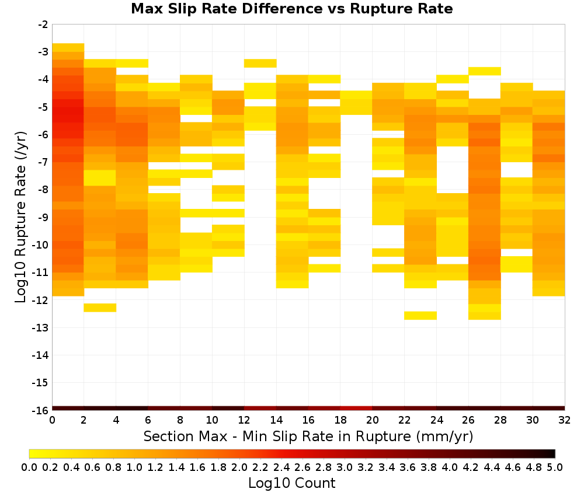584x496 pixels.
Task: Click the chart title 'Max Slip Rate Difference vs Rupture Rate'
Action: tap(291, 9)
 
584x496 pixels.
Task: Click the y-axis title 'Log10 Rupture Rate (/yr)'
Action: tap(21, 217)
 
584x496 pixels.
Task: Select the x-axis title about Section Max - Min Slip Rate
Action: tap(308, 436)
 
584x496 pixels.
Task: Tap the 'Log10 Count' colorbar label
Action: tap(291, 483)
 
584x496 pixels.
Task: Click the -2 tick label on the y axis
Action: tap(43, 25)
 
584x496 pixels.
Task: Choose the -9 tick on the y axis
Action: tap(43, 218)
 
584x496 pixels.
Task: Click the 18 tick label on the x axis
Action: tap(340, 421)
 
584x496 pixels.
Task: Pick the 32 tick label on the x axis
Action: tap(565, 421)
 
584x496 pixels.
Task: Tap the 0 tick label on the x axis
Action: tap(52, 421)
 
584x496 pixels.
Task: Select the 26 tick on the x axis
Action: tap(468, 421)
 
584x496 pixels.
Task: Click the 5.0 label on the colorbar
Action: tap(555, 467)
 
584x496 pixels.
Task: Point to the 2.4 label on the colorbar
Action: tap(281, 467)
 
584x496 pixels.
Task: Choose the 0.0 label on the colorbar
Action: tap(29, 467)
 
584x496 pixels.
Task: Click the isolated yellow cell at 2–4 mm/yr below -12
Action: tap(100, 308)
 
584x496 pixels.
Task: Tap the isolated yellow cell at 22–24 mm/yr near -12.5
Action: tap(420, 316)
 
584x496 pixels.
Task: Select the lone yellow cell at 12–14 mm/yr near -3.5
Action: tap(260, 63)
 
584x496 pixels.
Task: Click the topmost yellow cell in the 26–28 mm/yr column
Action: tap(485, 71)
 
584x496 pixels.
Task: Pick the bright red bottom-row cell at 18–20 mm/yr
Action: tap(356, 408)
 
